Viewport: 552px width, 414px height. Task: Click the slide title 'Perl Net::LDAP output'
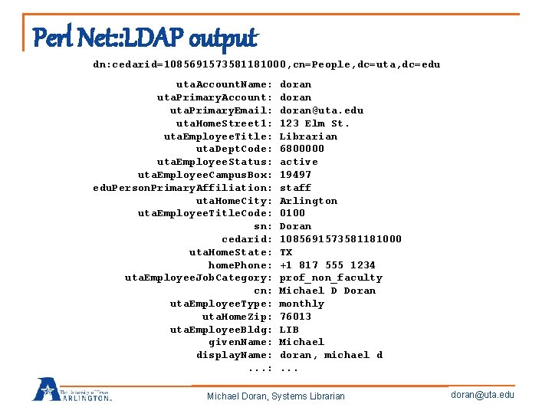click(x=145, y=37)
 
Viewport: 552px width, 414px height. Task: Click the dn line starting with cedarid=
click(x=267, y=65)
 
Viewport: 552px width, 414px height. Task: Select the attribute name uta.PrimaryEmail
click(x=221, y=110)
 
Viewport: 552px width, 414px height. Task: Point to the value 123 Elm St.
click(x=314, y=123)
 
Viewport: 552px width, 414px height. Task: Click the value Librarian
click(x=308, y=136)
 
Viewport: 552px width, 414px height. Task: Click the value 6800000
click(x=301, y=149)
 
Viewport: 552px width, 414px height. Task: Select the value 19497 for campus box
click(x=295, y=175)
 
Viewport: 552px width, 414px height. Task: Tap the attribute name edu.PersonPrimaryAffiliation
click(x=182, y=188)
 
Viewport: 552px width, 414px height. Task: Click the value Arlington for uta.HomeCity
click(x=308, y=201)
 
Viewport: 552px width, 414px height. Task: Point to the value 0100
click(x=292, y=213)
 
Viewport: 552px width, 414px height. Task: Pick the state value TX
click(x=286, y=252)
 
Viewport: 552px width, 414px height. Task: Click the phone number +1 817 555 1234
click(x=327, y=265)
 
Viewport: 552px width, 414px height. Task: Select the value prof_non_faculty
click(x=330, y=278)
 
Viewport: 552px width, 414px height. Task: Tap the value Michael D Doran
click(x=327, y=291)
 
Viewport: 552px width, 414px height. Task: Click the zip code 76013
click(x=295, y=317)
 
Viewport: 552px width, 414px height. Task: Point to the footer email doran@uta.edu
click(x=483, y=395)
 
